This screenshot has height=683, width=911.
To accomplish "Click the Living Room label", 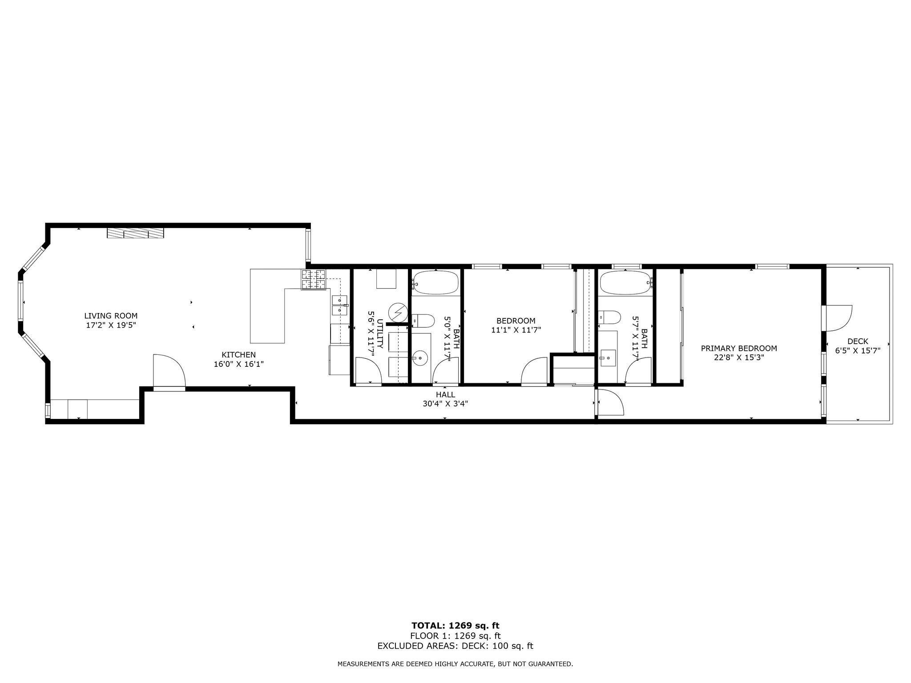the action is [x=111, y=316].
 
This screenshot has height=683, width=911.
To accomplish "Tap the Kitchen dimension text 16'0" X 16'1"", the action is [x=239, y=364].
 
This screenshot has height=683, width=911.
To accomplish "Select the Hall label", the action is [x=445, y=394].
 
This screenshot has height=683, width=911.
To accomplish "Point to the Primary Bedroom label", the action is [x=739, y=348].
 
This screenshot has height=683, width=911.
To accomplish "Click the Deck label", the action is [x=858, y=341].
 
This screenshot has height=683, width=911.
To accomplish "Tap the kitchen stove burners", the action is [x=314, y=280].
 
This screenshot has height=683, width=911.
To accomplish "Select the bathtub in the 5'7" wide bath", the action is [x=626, y=282].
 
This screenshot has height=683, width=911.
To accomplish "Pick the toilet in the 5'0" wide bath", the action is [x=423, y=320].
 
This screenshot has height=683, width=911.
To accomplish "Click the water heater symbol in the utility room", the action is [x=398, y=312].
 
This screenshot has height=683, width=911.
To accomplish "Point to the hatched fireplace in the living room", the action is [x=136, y=233].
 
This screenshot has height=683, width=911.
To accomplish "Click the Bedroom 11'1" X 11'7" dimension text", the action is [x=516, y=330].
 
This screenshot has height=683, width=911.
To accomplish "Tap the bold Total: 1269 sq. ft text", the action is [x=455, y=626].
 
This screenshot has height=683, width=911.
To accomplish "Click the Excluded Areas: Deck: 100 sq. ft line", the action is [x=455, y=646].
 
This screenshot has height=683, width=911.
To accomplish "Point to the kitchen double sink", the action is [x=339, y=305].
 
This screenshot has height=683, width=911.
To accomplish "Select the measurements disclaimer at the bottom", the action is [x=455, y=664].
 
